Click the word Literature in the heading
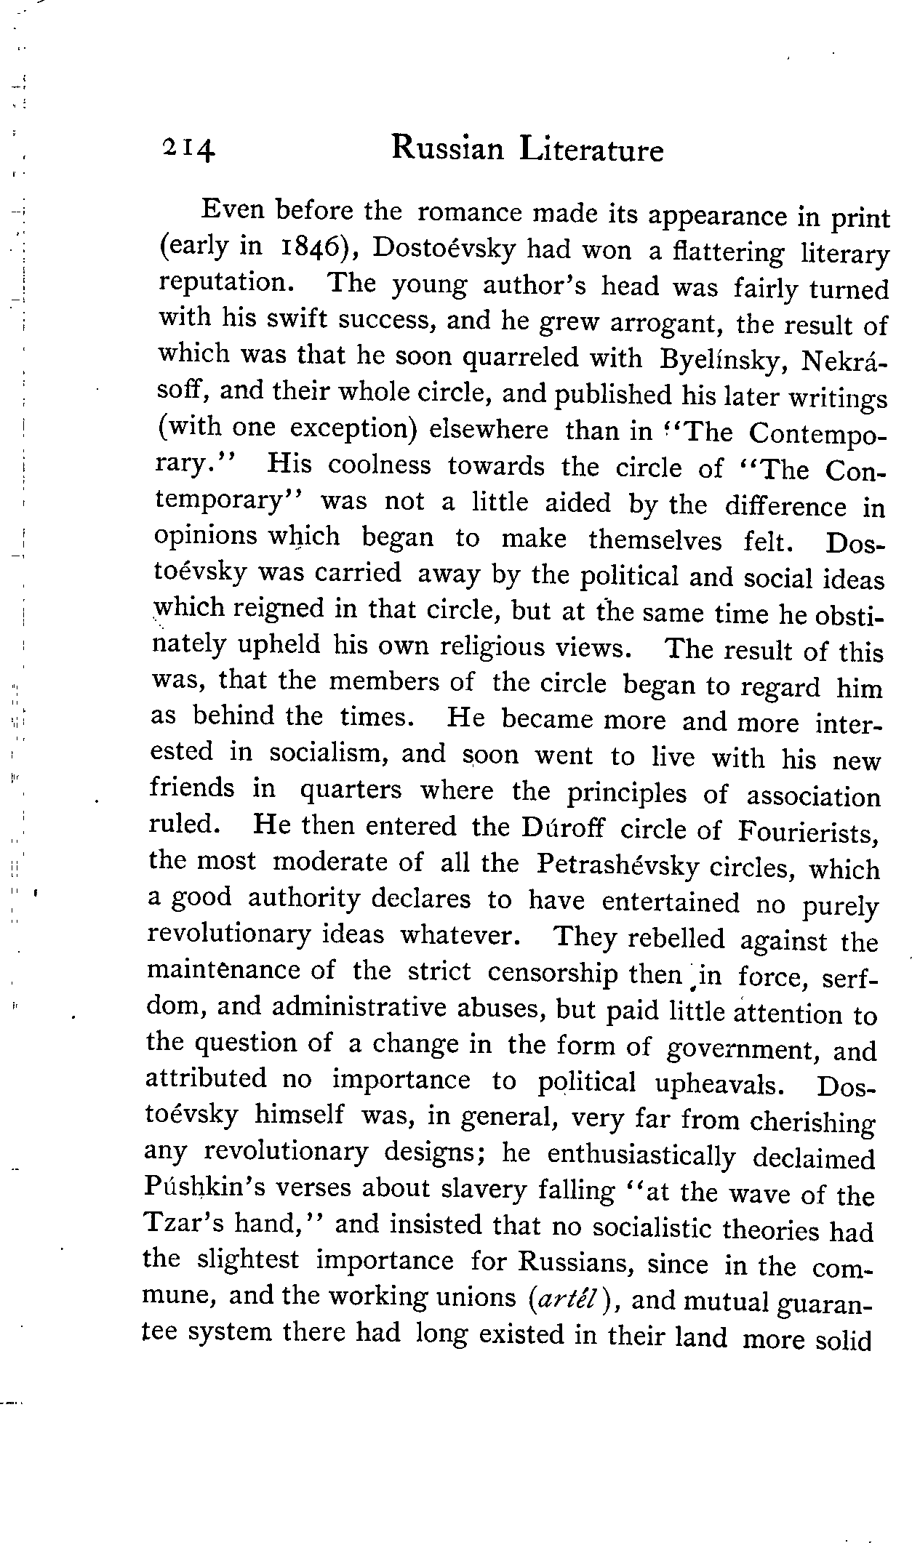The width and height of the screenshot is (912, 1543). click(x=592, y=151)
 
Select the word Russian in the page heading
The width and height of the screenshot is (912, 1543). click(x=447, y=149)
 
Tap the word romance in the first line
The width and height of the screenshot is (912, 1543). click(x=471, y=212)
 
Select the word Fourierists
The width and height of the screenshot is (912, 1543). click(x=809, y=830)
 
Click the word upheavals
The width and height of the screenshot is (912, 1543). click(x=719, y=1084)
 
